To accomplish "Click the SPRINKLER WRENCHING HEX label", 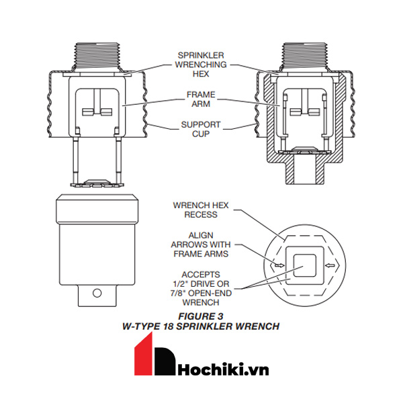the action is [201, 64].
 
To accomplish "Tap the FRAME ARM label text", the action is [201, 99].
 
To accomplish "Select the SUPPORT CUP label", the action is [201, 129].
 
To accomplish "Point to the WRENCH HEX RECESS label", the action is [201, 210].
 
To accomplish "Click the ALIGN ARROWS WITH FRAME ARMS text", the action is [201, 244].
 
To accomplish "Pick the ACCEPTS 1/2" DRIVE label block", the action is [201, 289].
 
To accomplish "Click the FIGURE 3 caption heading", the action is [201, 316].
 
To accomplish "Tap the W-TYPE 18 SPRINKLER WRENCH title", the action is [201, 326].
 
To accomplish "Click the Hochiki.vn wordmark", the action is [223, 369].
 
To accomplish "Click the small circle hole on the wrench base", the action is [97, 293].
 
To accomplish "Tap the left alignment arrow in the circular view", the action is [279, 265].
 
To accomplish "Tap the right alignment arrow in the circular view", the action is [330, 265].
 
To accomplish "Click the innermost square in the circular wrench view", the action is [305, 266].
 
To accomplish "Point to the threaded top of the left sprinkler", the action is [98, 56].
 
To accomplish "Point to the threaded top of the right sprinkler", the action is [305, 56].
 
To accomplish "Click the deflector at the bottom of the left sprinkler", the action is [97, 183].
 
